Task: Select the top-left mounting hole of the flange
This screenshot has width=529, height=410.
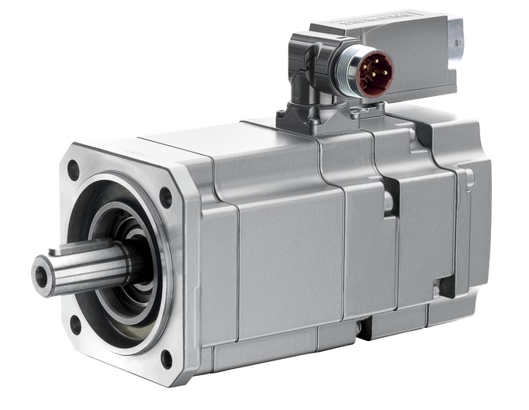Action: (74, 170)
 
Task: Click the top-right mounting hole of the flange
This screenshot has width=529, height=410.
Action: (165, 197)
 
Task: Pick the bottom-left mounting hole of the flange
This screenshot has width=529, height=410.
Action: (75, 324)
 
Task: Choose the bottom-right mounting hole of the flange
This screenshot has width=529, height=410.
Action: (166, 359)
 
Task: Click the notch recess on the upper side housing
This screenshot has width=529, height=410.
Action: (389, 201)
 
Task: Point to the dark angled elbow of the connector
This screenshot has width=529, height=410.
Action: (310, 74)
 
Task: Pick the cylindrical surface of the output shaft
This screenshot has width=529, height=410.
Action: (93, 267)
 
